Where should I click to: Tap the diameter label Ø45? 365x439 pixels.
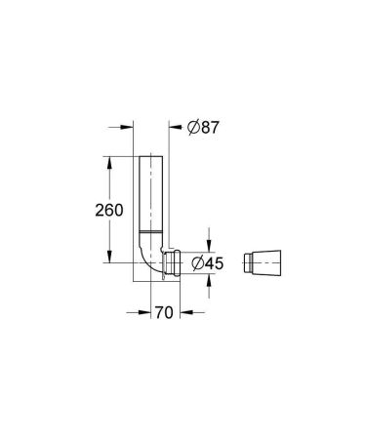click(208, 262)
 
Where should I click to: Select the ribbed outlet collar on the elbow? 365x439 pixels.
click(175, 262)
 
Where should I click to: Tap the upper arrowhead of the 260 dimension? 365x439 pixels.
click(107, 161)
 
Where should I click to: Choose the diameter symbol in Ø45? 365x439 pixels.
click(198, 262)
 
